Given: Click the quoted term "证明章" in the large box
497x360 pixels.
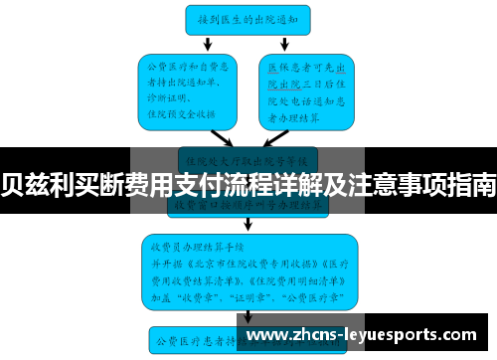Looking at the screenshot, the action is click(245, 295).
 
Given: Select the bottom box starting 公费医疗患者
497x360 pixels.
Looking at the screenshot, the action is click(199, 342).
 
